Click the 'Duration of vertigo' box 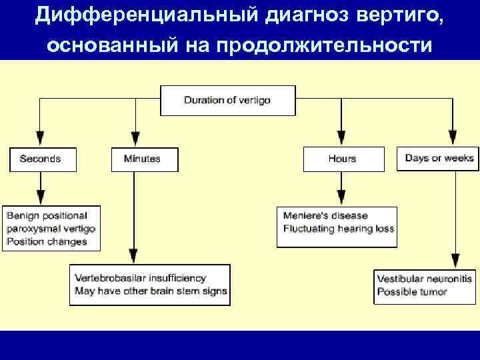pos(227,101)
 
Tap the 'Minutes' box pos(144,159)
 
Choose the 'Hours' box pos(343,159)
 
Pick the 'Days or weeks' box pos(439,159)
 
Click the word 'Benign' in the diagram pos(23,215)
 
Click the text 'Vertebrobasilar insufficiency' pos(141,278)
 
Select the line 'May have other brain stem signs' pos(151,291)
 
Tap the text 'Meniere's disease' pos(325,216)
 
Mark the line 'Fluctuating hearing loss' pos(338,229)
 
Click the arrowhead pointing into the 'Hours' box pos(342,139)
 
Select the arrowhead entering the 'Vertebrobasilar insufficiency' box pos(134,256)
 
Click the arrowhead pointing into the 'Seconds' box pos(40,139)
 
